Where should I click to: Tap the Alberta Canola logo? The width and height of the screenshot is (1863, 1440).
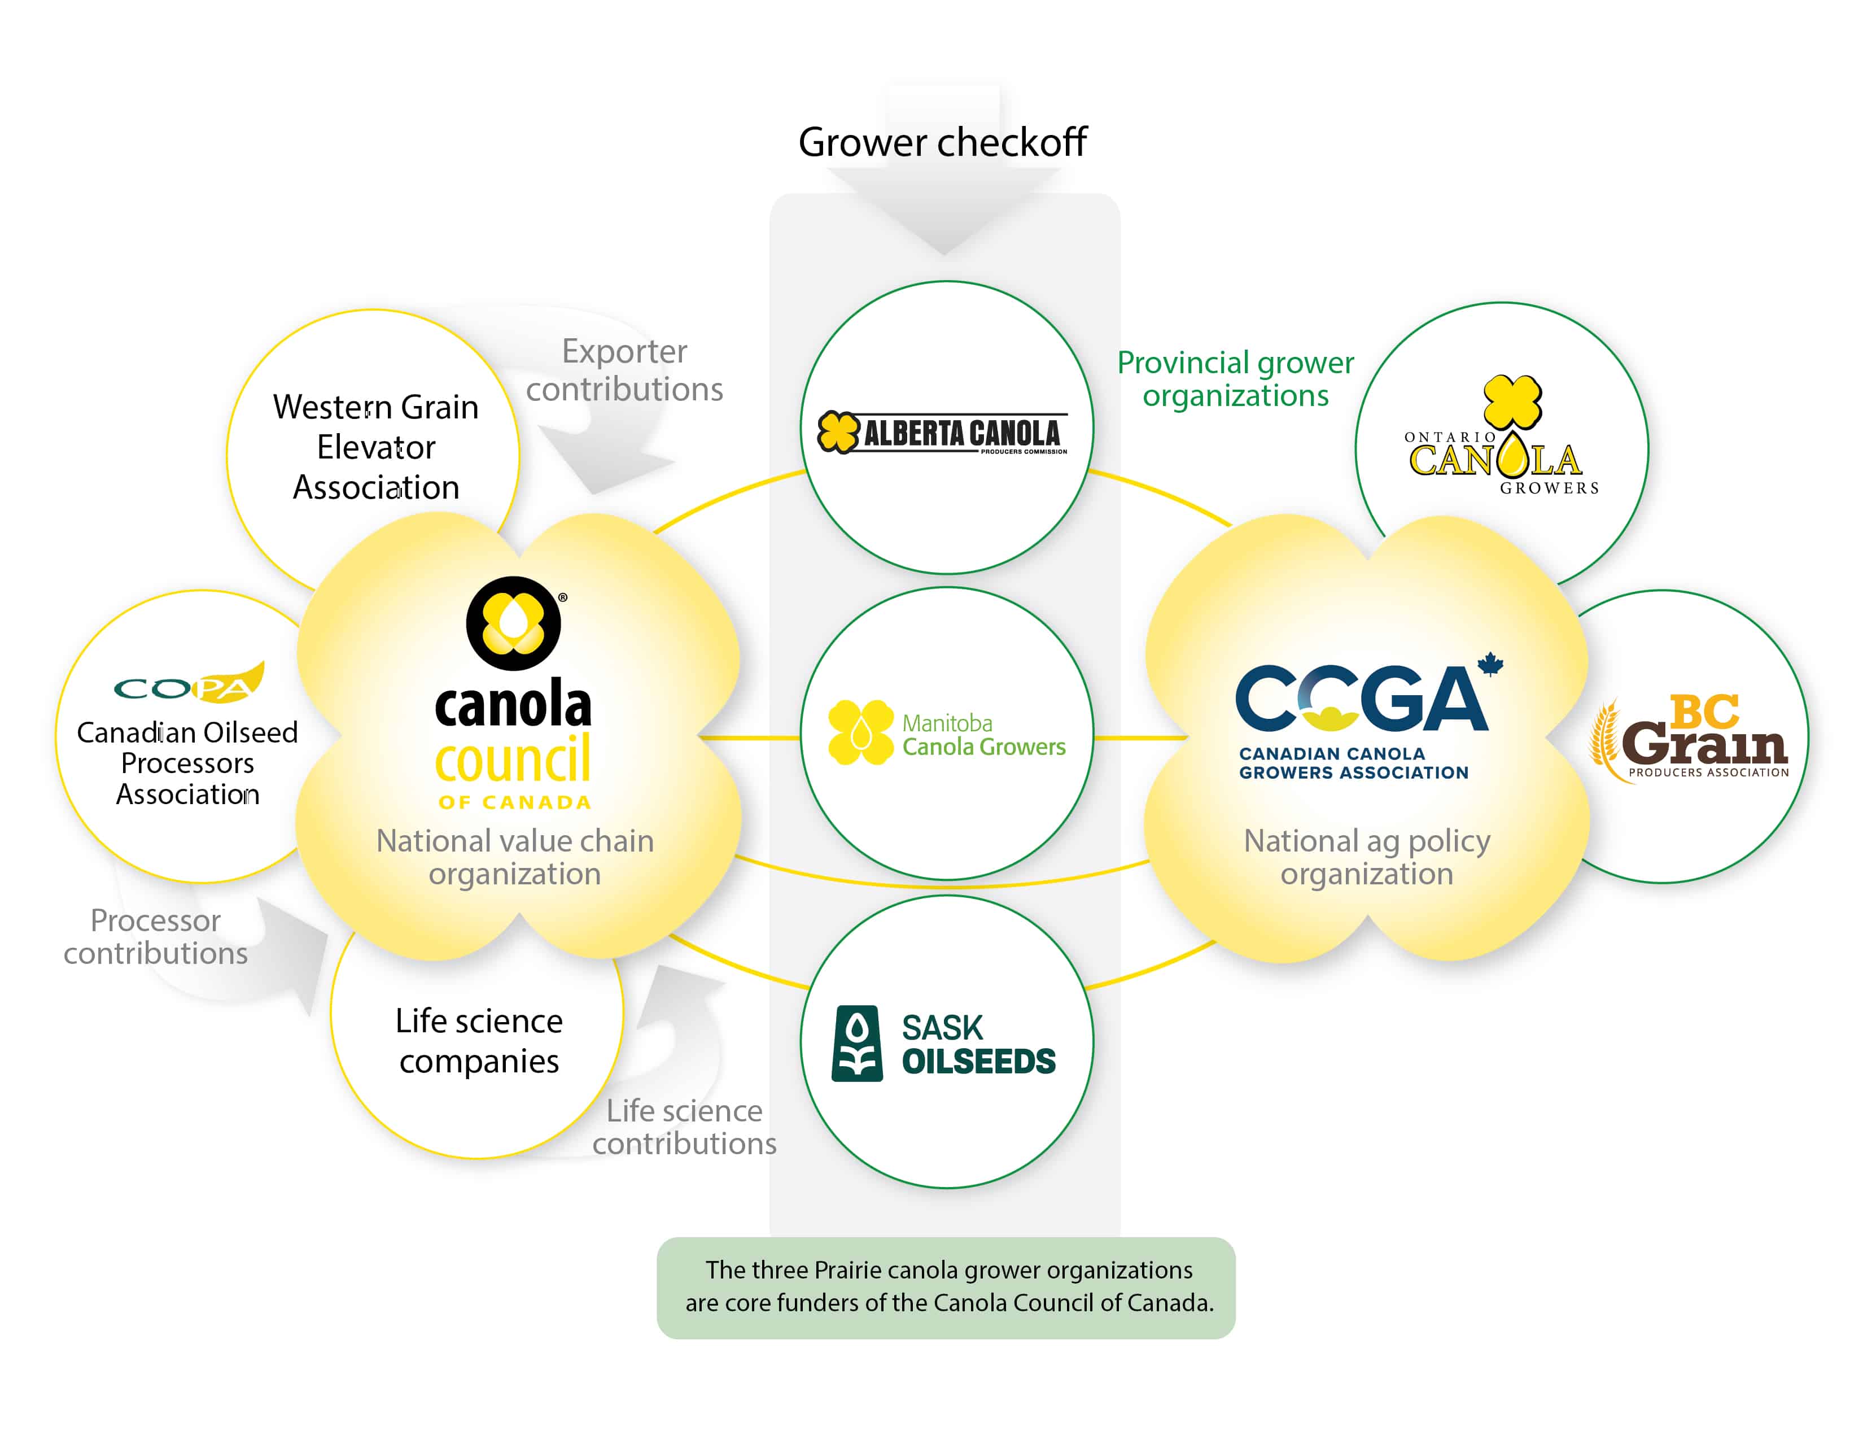[943, 433]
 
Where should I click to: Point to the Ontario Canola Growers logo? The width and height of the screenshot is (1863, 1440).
[1502, 435]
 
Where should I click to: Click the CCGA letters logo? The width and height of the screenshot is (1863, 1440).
[1362, 699]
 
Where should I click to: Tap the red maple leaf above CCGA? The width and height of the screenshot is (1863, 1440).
[1490, 664]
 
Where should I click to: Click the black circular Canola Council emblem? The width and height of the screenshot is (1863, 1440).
[514, 623]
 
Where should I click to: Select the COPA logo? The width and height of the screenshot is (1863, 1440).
[189, 683]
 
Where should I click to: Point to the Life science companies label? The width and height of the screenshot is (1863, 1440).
[479, 1041]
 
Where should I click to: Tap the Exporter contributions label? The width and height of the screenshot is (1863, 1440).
[624, 369]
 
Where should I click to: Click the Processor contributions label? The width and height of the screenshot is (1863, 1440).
[155, 937]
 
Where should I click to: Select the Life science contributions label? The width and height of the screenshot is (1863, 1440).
[684, 1127]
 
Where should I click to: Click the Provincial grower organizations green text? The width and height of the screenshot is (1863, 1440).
[1235, 379]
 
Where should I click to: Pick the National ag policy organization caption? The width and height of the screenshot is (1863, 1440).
[1367, 857]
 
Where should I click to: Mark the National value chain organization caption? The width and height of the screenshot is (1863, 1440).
[514, 857]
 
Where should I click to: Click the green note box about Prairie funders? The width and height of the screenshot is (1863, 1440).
[946, 1288]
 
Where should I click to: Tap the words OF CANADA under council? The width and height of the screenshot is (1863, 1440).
[514, 802]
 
